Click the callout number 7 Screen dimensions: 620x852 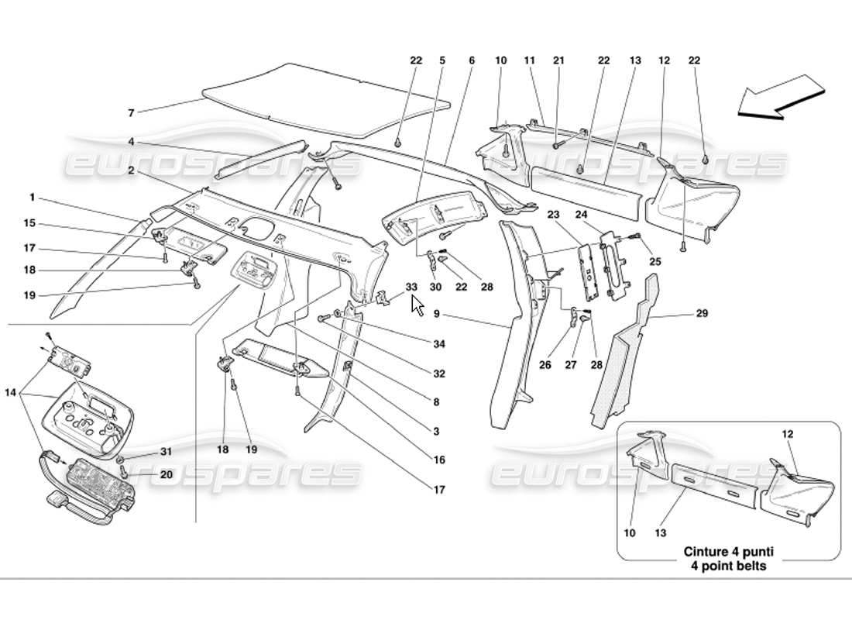pyautogui.click(x=130, y=113)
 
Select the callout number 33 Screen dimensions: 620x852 pyautogui.click(x=411, y=287)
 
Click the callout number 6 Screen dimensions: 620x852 pyautogui.click(x=471, y=60)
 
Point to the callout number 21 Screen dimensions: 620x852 pyautogui.click(x=558, y=60)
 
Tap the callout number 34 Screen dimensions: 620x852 pyautogui.click(x=439, y=343)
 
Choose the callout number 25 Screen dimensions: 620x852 pyautogui.click(x=655, y=263)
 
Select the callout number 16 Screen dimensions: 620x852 pyautogui.click(x=439, y=460)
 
